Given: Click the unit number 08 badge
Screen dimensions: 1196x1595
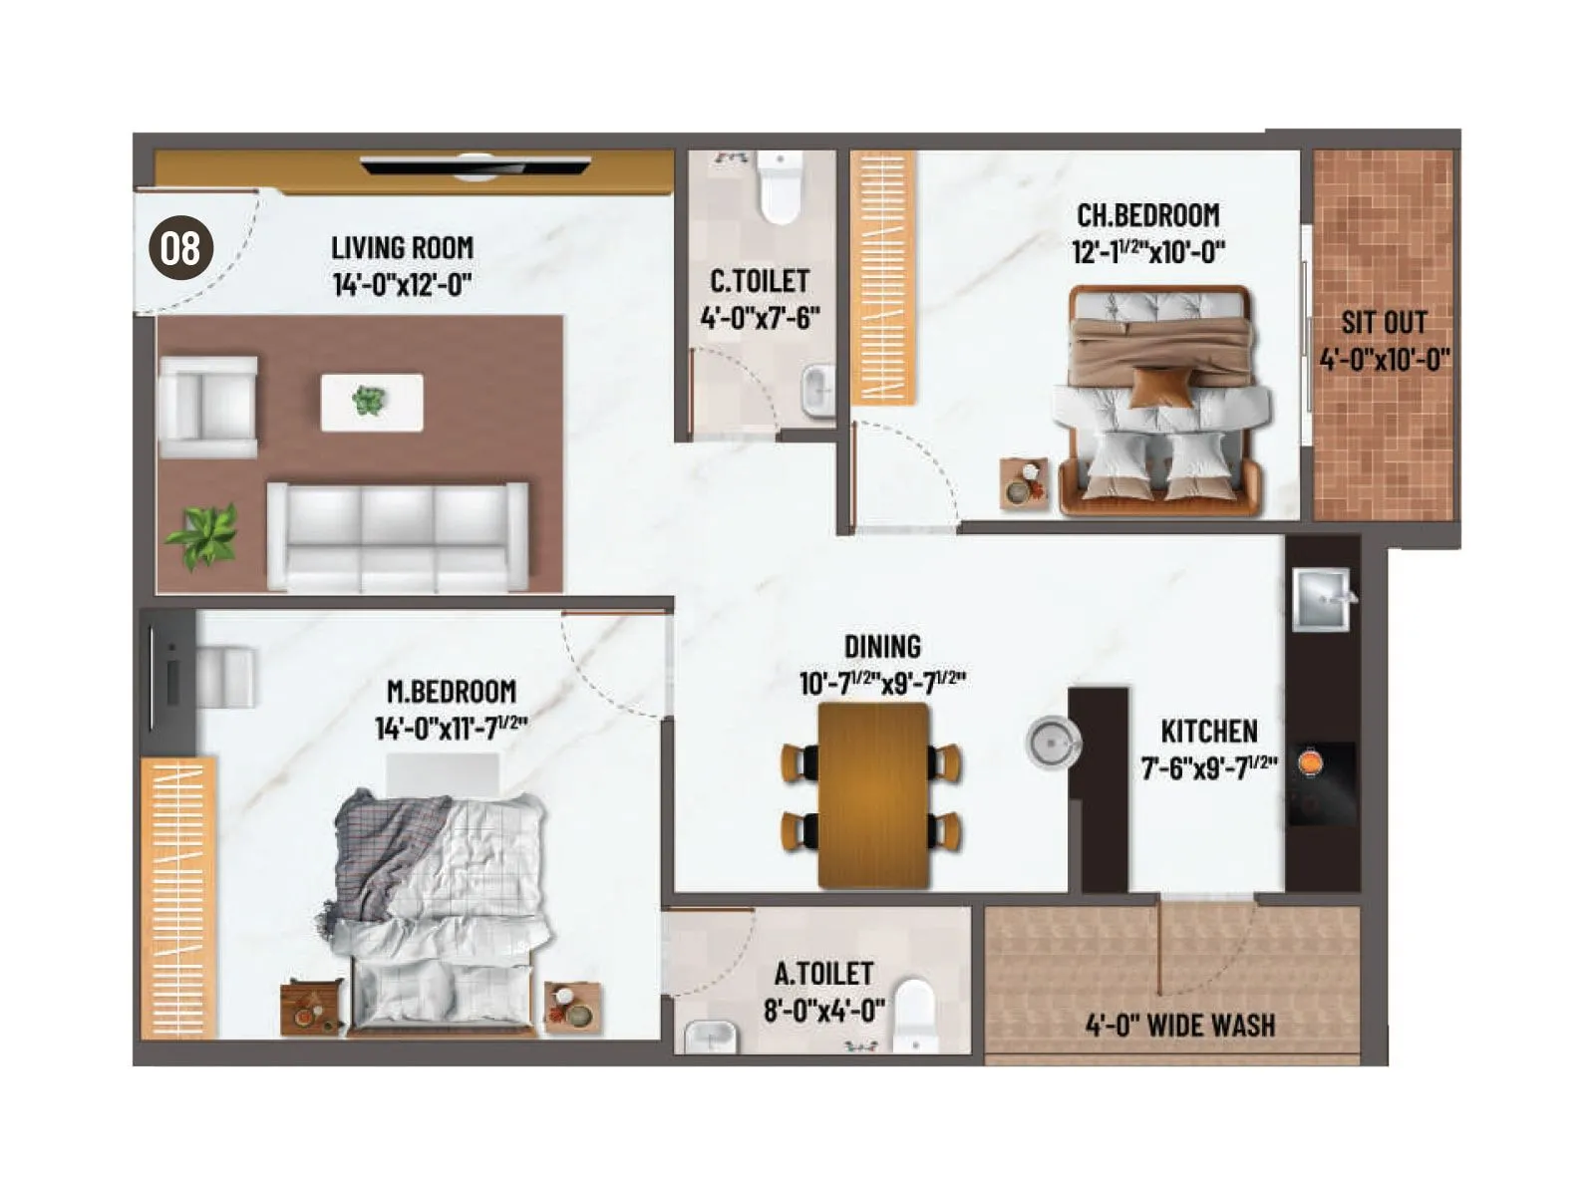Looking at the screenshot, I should pyautogui.click(x=180, y=248).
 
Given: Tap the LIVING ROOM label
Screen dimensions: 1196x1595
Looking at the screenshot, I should pyautogui.click(x=402, y=247).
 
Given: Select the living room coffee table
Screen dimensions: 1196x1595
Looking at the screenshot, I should pyautogui.click(x=371, y=402).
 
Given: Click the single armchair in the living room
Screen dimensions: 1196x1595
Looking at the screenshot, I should pyautogui.click(x=208, y=408).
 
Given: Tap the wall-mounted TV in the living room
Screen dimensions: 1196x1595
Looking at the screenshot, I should pyautogui.click(x=476, y=165).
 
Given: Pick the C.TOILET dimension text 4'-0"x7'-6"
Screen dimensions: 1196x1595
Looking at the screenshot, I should pyautogui.click(x=760, y=318).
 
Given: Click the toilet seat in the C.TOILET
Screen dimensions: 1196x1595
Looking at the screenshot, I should pyautogui.click(x=780, y=188).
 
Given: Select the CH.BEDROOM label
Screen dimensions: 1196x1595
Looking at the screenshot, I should pyautogui.click(x=1147, y=215).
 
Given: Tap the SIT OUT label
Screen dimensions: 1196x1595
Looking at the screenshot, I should pyautogui.click(x=1384, y=322).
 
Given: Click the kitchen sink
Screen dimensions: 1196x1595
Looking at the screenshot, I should pyautogui.click(x=1322, y=598).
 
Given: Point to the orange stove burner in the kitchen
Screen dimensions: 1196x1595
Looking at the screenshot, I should pyautogui.click(x=1310, y=762).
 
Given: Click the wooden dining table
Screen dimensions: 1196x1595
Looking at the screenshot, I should pyautogui.click(x=874, y=794).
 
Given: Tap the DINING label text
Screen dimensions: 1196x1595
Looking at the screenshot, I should pyautogui.click(x=882, y=647).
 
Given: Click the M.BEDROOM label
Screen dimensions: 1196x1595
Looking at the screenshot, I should pyautogui.click(x=451, y=692).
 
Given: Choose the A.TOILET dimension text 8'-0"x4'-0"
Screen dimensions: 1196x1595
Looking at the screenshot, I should pyautogui.click(x=823, y=1011).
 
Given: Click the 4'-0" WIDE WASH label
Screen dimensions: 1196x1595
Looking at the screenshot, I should pyautogui.click(x=1179, y=1025).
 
